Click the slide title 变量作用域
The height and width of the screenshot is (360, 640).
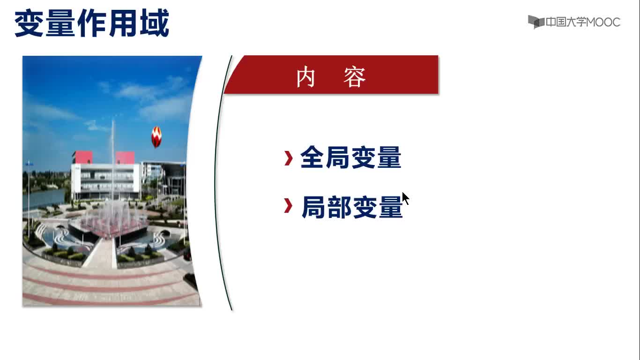click(x=92, y=23)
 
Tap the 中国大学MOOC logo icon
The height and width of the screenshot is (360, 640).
click(x=536, y=22)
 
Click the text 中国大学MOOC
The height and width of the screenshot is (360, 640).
click(x=583, y=22)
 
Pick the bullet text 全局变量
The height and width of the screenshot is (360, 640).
click(x=351, y=157)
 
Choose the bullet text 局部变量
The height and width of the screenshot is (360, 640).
click(x=352, y=207)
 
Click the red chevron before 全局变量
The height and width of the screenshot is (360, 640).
click(x=289, y=158)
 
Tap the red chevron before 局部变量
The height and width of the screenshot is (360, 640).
click(x=288, y=206)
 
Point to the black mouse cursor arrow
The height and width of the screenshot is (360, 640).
click(x=405, y=198)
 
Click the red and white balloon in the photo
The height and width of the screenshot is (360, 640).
click(x=156, y=137)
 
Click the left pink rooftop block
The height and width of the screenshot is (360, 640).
click(x=82, y=157)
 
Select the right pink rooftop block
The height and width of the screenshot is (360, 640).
click(x=125, y=157)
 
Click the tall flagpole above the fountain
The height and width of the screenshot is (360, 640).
click(x=113, y=160)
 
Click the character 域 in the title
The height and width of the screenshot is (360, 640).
click(x=155, y=23)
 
